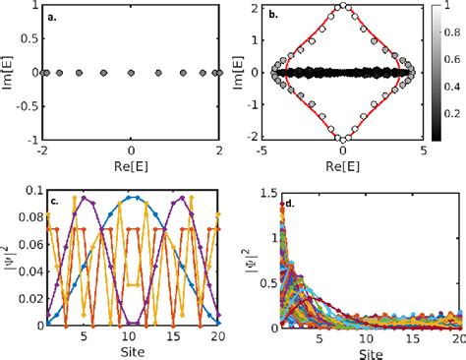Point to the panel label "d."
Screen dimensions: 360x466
click(278, 205)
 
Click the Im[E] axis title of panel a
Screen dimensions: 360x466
click(9, 72)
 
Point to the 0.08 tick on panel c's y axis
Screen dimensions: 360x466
click(29, 219)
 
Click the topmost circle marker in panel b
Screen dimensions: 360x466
click(342, 6)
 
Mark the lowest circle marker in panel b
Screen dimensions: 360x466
click(342, 140)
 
